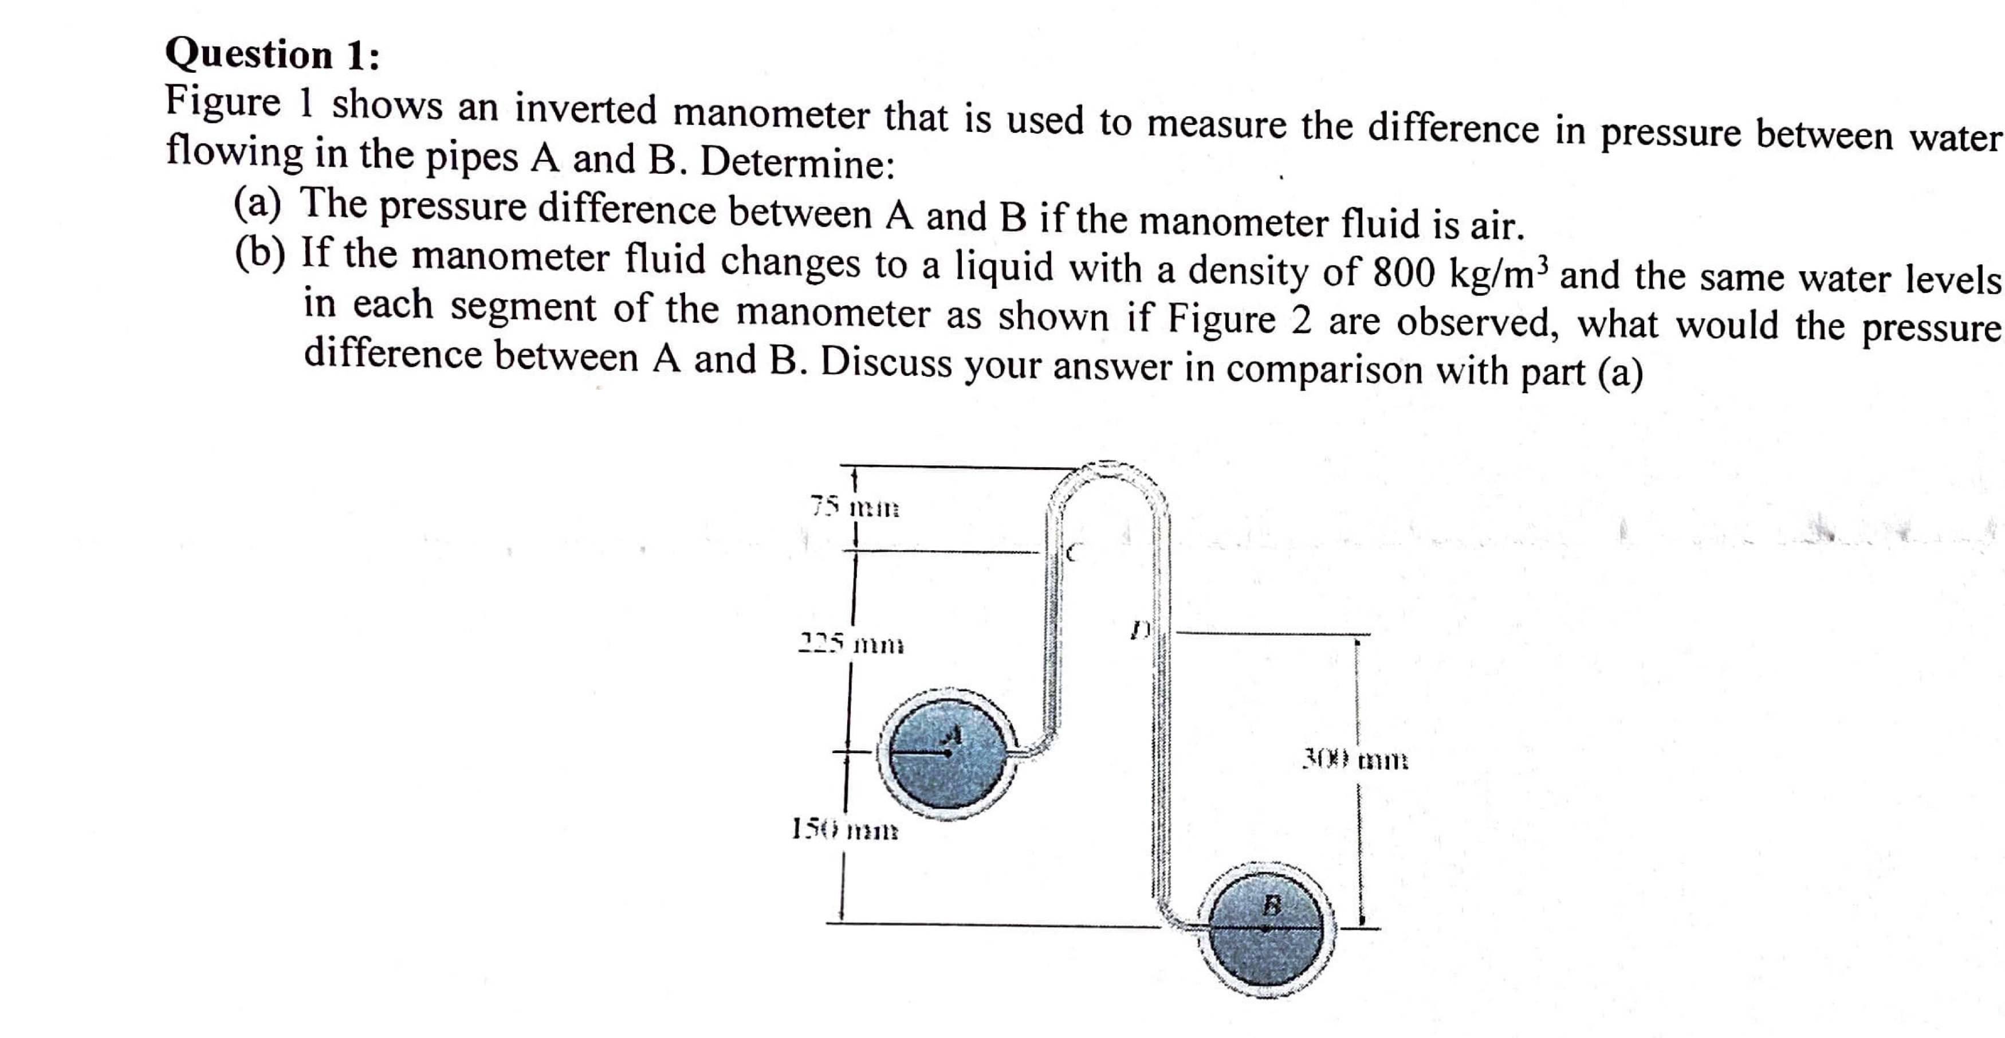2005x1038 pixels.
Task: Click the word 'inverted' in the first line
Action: click(x=585, y=109)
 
